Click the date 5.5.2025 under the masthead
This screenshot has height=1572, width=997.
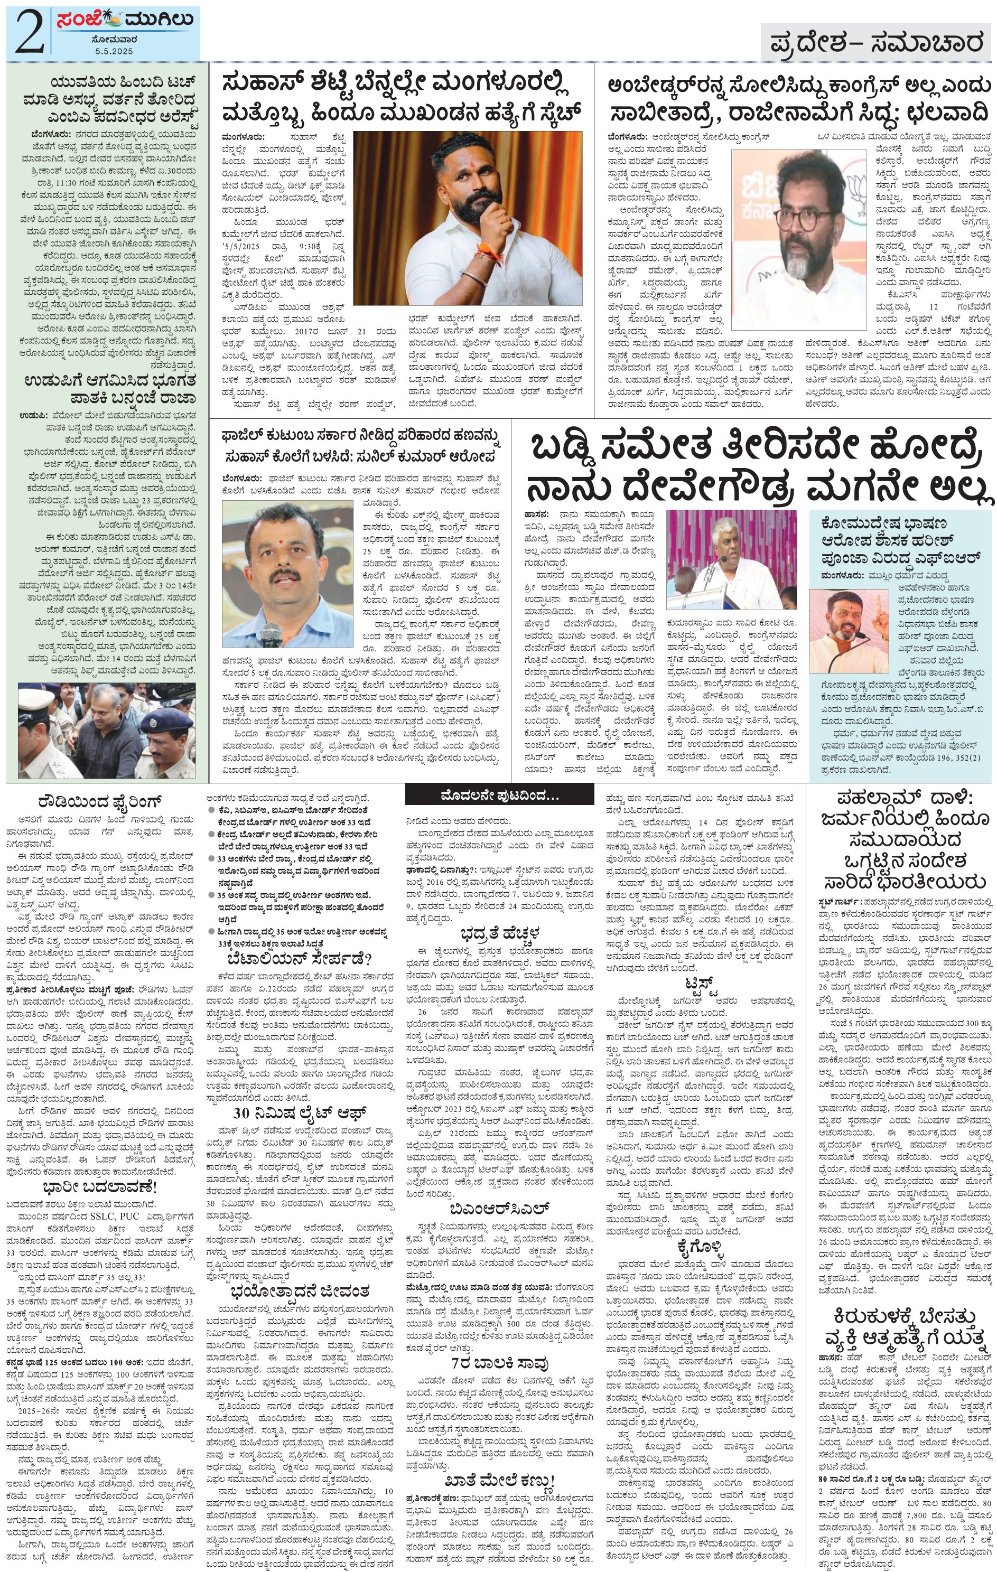[x=114, y=51]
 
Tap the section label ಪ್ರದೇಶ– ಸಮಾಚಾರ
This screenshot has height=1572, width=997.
[x=875, y=44]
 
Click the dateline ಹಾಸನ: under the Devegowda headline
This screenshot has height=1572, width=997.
[x=536, y=514]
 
